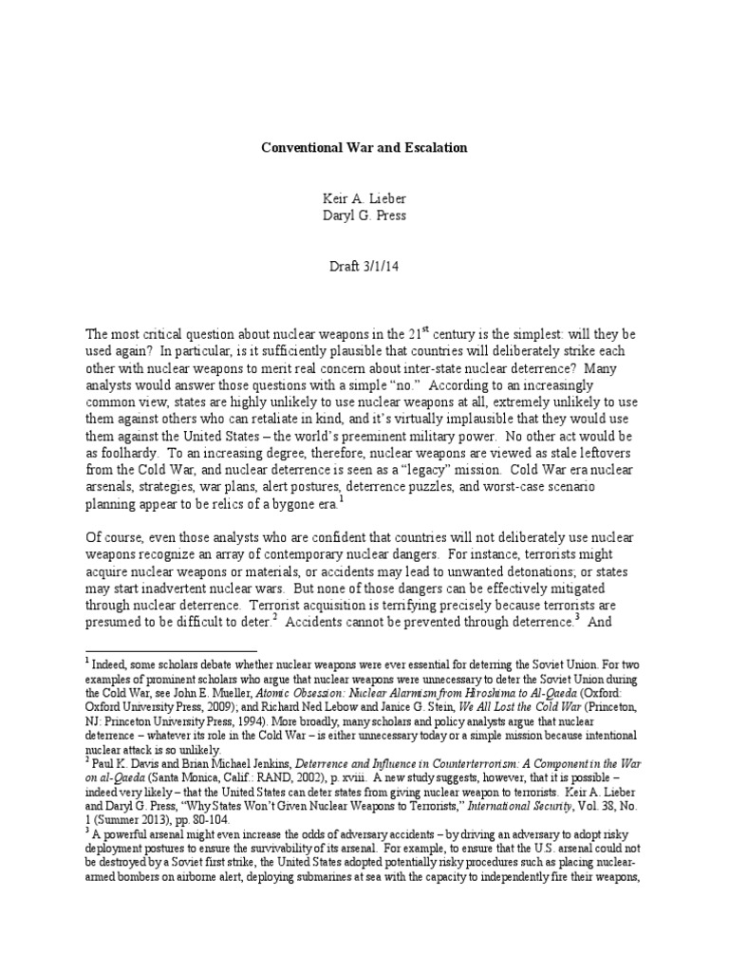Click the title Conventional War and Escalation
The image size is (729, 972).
coord(364,149)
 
